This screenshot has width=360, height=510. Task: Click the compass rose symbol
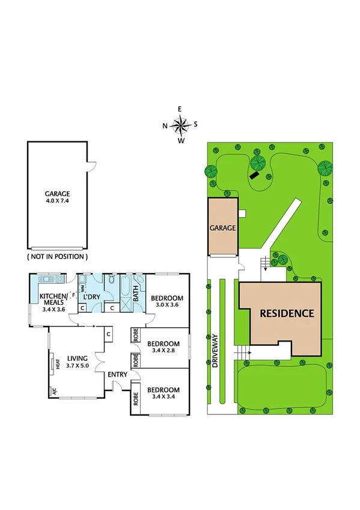point(180,125)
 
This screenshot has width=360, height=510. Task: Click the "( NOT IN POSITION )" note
point(58,256)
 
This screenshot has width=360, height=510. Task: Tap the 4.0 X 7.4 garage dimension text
point(58,201)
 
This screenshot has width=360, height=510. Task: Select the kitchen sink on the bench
point(46,280)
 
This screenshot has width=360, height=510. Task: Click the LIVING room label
point(78,356)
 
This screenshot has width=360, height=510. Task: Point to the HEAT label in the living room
point(58,364)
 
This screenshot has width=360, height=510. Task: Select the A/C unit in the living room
point(54,390)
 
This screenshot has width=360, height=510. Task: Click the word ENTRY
point(117,375)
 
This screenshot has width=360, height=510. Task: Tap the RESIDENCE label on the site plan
point(287,313)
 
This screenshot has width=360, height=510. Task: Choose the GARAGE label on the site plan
point(222,229)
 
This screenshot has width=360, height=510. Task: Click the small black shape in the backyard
point(255,174)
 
